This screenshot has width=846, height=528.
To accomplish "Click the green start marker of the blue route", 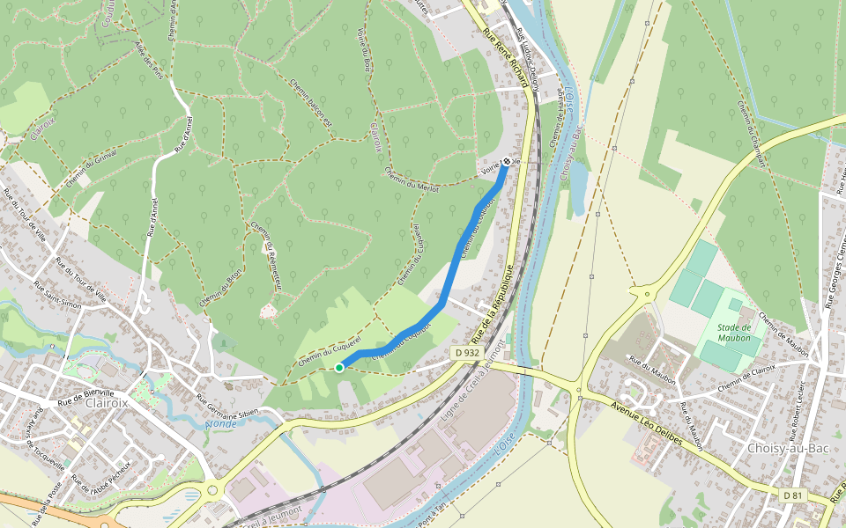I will click(x=339, y=368).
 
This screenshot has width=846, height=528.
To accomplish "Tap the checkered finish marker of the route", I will click(x=508, y=160).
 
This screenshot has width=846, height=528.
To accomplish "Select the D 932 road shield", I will click(x=467, y=352).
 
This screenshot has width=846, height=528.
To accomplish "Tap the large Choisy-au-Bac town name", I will click(x=788, y=448).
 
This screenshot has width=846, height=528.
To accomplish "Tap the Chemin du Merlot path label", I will click(x=412, y=177).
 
